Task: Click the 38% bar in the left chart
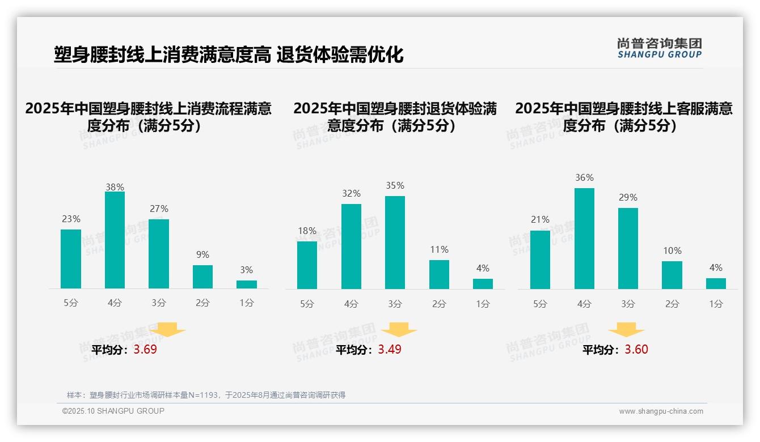tap(115, 240)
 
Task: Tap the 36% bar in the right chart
tap(584, 239)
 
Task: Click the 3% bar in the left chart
tap(247, 284)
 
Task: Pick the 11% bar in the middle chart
tap(439, 275)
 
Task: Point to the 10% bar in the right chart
tap(672, 275)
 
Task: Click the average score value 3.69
tap(145, 350)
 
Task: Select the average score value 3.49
tap(390, 350)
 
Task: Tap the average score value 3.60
tap(636, 350)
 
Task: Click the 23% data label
tap(71, 219)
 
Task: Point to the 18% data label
tap(307, 231)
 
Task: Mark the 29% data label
tap(628, 198)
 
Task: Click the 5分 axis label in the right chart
tap(540, 304)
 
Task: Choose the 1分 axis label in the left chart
tap(247, 303)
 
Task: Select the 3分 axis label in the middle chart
tap(395, 304)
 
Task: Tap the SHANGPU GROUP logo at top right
tap(659, 48)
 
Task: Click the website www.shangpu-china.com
tap(661, 411)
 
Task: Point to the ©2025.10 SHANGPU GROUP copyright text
tap(113, 411)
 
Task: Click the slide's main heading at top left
tap(228, 54)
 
